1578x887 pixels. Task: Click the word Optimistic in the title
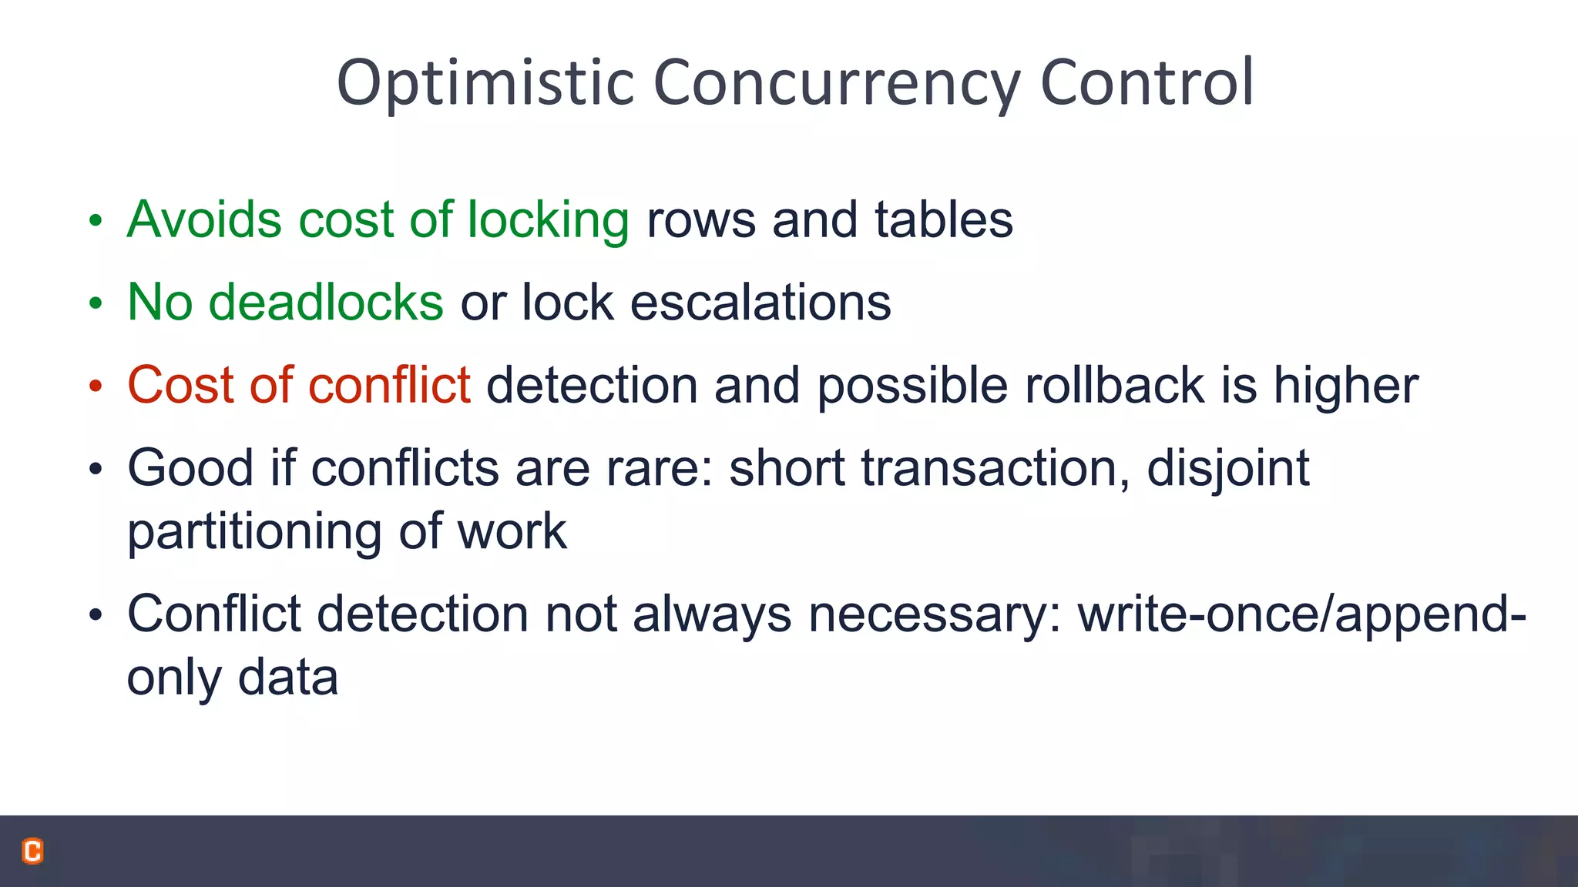[485, 83]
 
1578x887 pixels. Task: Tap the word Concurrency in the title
[837, 83]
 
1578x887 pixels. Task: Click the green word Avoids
[204, 219]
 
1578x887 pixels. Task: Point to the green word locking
[549, 221]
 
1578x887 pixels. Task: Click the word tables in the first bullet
[943, 219]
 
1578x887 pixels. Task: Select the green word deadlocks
[326, 302]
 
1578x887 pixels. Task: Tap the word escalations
[760, 302]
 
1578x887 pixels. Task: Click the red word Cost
[180, 384]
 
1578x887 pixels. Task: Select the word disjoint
[1228, 469]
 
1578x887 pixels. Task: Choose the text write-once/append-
[1301, 615]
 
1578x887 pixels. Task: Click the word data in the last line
[287, 678]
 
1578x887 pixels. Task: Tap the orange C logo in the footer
[32, 851]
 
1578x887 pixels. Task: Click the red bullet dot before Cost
[95, 386]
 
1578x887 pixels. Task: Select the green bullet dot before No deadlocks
[95, 303]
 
